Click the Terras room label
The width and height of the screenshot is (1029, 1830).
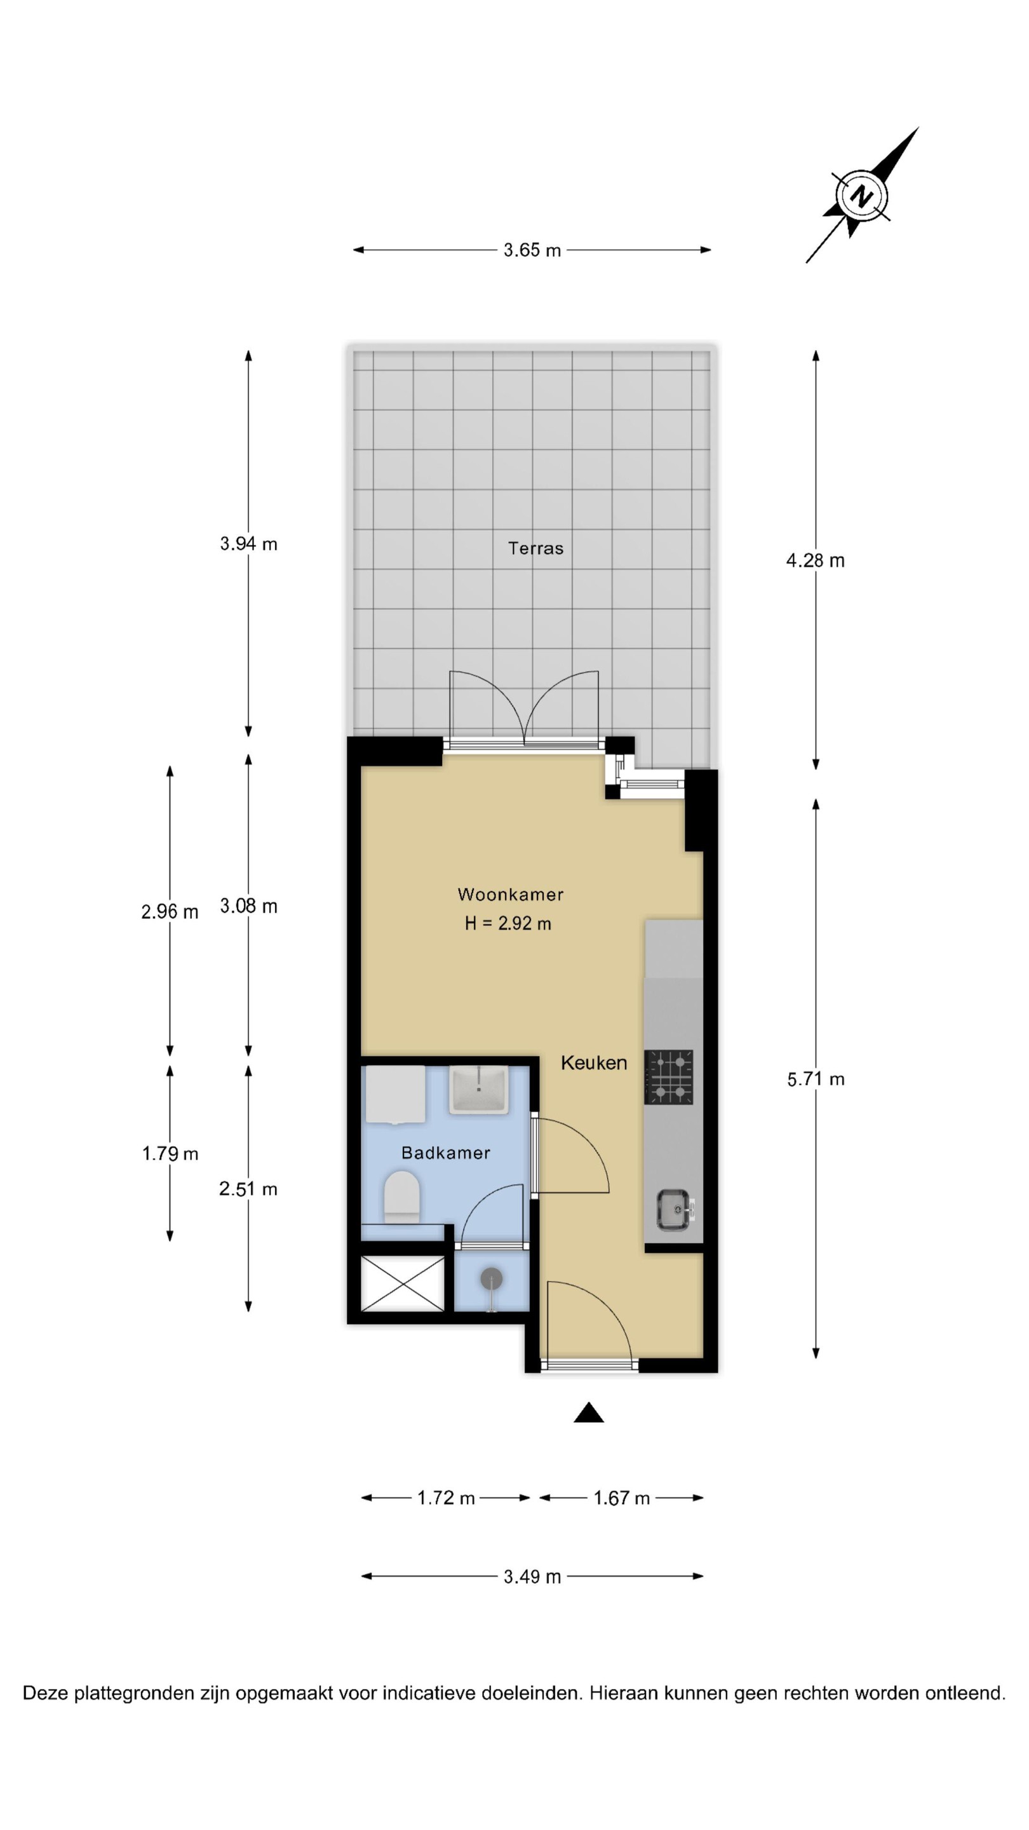[x=535, y=548]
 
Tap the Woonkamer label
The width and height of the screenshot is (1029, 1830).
[x=511, y=895]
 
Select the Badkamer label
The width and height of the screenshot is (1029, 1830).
[x=445, y=1153]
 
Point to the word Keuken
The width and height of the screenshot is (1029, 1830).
[x=594, y=1063]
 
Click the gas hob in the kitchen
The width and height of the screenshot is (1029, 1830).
[x=669, y=1077]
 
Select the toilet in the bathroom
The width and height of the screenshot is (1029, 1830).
[x=401, y=1198]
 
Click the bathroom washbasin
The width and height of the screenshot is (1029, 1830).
[x=480, y=1090]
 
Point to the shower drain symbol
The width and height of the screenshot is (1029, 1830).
[x=492, y=1280]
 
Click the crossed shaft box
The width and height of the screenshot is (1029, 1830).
[x=403, y=1283]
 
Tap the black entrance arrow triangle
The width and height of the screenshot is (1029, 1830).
[x=589, y=1413]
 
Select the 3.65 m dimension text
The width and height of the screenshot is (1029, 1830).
[x=532, y=250]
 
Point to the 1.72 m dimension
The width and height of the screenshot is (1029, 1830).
[x=445, y=1498]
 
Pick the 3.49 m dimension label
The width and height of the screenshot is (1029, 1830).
[x=532, y=1576]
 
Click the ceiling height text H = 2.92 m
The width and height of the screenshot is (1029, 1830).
[x=508, y=923]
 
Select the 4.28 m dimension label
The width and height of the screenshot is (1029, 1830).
[x=815, y=560]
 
